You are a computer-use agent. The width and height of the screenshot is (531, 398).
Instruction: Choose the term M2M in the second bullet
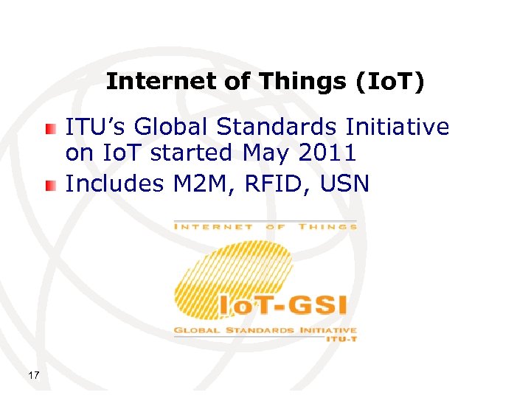coord(201,184)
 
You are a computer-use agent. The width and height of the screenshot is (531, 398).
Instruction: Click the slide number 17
coord(33,376)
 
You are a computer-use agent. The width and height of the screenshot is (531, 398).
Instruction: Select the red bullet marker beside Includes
coord(49,184)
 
